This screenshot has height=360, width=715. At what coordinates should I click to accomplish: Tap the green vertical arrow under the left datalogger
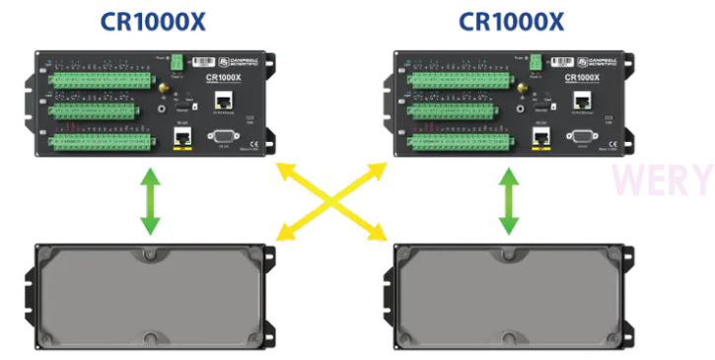click(x=149, y=201)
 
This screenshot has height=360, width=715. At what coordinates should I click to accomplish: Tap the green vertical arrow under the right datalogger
click(x=509, y=201)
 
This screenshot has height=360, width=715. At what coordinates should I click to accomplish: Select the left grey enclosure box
click(x=150, y=295)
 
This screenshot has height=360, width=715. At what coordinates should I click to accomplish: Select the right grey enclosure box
click(x=509, y=295)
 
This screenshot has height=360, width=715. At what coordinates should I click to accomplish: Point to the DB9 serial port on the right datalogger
click(x=582, y=136)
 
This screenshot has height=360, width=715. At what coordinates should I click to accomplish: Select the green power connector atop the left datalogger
click(x=178, y=61)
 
